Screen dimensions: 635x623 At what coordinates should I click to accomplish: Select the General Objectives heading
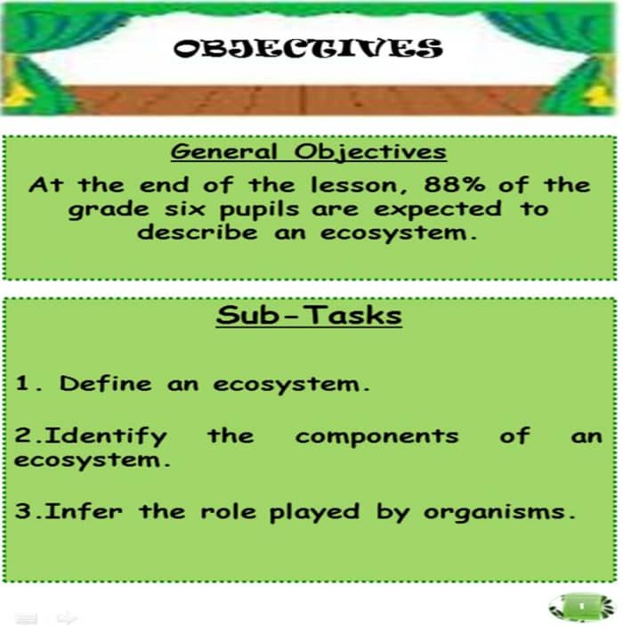tap(308, 151)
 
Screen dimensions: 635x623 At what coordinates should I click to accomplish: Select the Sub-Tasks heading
tap(308, 316)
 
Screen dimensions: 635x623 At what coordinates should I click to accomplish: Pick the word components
tap(376, 436)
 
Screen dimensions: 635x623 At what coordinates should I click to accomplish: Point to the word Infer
tap(85, 513)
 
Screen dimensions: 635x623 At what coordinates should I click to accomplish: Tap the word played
tap(314, 513)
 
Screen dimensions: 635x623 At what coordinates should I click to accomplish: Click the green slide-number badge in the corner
tap(580, 607)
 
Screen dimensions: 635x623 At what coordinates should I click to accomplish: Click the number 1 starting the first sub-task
tap(23, 385)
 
